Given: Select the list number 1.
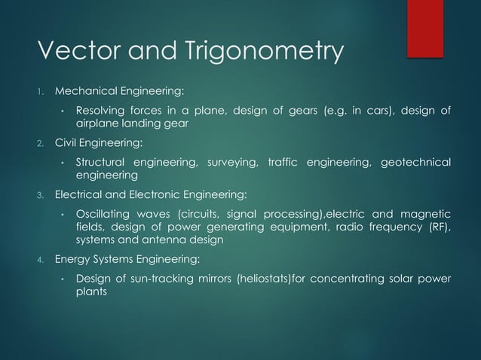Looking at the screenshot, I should pos(43,93).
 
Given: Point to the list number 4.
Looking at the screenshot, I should pos(43,261).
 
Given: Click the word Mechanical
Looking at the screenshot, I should pos(86,92).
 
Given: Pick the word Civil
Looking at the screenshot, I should pos(67,142).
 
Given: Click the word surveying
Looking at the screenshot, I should pos(231,162).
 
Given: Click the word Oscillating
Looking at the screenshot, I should pos(104,212).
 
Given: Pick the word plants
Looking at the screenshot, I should pos(90,294).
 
